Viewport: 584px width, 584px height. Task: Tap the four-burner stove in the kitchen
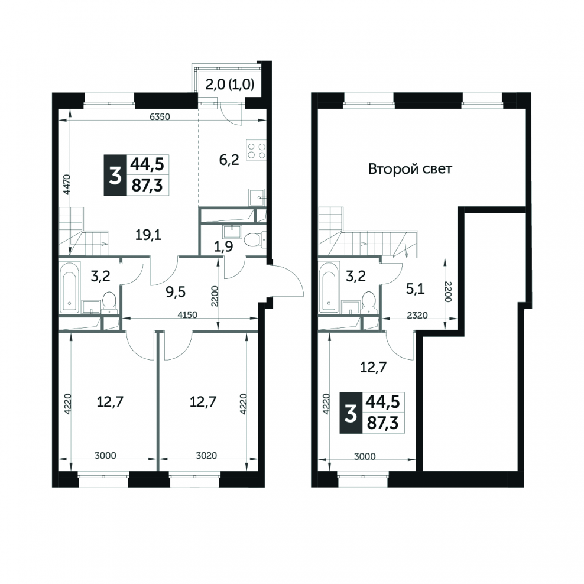(257, 151)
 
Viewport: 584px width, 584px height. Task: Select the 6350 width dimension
(160, 116)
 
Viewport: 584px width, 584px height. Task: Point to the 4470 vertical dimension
(66, 184)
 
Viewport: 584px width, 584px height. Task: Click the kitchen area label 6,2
(229, 160)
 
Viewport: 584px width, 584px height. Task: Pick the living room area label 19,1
(148, 235)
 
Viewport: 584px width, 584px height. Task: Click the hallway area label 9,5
(176, 293)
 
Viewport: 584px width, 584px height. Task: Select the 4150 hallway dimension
(187, 314)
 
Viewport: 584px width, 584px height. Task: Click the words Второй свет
(410, 169)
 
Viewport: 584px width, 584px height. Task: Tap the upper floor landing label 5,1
(416, 288)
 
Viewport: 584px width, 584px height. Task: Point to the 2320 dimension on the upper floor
(417, 315)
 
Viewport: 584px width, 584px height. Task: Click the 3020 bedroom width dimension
(206, 455)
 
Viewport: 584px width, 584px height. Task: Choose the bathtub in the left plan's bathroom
(70, 287)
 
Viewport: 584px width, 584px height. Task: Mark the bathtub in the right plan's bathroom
(329, 287)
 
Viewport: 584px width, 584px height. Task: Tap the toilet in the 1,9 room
(256, 239)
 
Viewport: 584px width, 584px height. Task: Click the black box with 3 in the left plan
(115, 175)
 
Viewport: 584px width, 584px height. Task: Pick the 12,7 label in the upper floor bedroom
(373, 368)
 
